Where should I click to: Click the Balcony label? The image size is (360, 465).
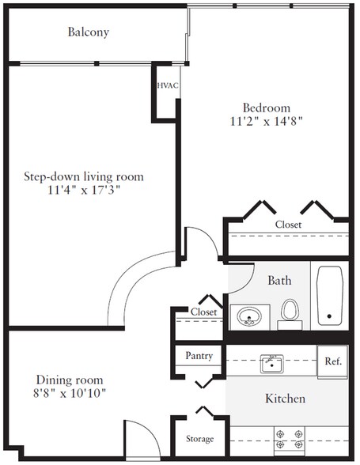pyautogui.click(x=89, y=32)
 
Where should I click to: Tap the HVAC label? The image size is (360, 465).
pyautogui.click(x=168, y=85)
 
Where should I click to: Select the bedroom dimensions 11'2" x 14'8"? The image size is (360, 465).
pyautogui.click(x=266, y=121)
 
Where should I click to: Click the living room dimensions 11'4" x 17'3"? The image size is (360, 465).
pyautogui.click(x=84, y=190)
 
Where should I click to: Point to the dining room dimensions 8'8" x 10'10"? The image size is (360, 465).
pyautogui.click(x=70, y=393)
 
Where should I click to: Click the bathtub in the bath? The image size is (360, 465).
pyautogui.click(x=329, y=296)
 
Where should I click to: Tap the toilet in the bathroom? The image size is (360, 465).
pyautogui.click(x=290, y=315)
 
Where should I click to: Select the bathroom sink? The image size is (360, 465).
pyautogui.click(x=249, y=316)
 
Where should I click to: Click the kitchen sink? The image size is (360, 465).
pyautogui.click(x=271, y=364)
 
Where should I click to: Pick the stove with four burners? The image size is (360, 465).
pyautogui.click(x=290, y=440)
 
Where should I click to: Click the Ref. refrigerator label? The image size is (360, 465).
pyautogui.click(x=333, y=361)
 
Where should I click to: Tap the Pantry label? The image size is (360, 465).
pyautogui.click(x=199, y=356)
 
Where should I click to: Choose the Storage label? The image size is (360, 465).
pyautogui.click(x=199, y=439)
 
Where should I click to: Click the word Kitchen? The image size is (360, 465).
pyautogui.click(x=285, y=399)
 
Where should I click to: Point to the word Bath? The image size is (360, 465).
pyautogui.click(x=279, y=280)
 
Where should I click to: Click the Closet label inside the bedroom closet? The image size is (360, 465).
pyautogui.click(x=288, y=225)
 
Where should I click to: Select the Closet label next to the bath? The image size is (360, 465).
pyautogui.click(x=203, y=312)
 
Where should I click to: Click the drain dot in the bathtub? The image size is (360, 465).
pyautogui.click(x=329, y=316)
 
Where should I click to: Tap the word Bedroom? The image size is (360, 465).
pyautogui.click(x=267, y=108)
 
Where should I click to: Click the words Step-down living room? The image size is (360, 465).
pyautogui.click(x=84, y=177)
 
